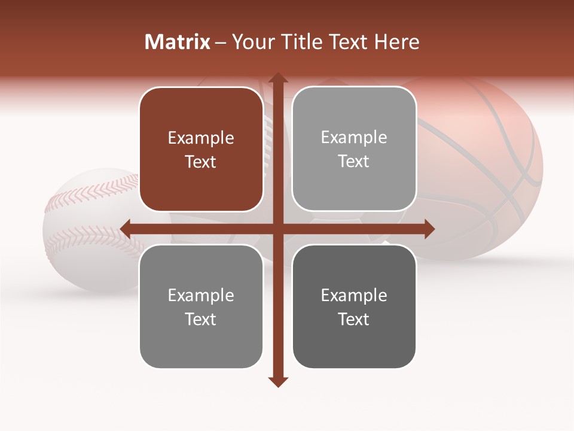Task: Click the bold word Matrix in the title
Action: click(x=178, y=42)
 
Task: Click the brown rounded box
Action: click(x=201, y=150)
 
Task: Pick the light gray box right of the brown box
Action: click(x=354, y=149)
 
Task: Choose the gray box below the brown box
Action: click(x=201, y=306)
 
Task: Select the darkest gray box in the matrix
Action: click(x=354, y=306)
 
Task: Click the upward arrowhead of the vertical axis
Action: click(x=277, y=77)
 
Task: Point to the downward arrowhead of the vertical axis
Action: click(x=277, y=381)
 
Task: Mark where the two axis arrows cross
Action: click(x=277, y=229)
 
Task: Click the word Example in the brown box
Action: click(x=201, y=138)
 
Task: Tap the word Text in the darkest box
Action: click(x=354, y=319)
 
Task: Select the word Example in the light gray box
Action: click(x=354, y=138)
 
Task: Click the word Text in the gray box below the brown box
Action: click(x=201, y=319)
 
